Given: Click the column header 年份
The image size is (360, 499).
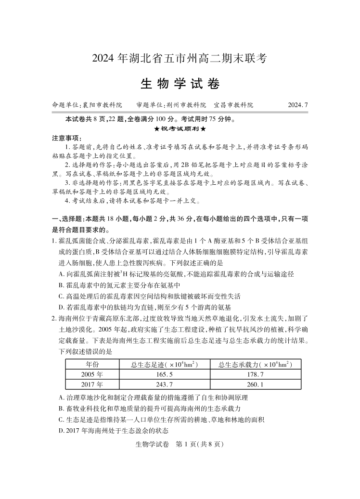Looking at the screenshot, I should point(92,364).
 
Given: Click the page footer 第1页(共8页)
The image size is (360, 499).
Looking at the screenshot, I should point(180,444).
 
